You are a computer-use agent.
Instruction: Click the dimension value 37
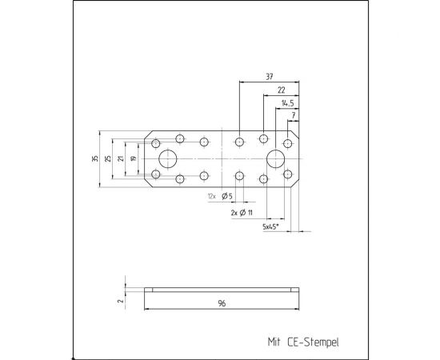269,77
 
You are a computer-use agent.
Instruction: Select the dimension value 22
281,90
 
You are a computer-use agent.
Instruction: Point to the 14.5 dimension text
288,103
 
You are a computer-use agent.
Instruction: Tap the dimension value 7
294,115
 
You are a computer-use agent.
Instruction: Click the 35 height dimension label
95,158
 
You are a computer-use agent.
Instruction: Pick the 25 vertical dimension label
108,158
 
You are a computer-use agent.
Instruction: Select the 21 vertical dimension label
121,158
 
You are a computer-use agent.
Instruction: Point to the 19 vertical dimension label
134,158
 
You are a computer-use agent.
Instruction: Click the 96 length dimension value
222,303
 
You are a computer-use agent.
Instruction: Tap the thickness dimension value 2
121,301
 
